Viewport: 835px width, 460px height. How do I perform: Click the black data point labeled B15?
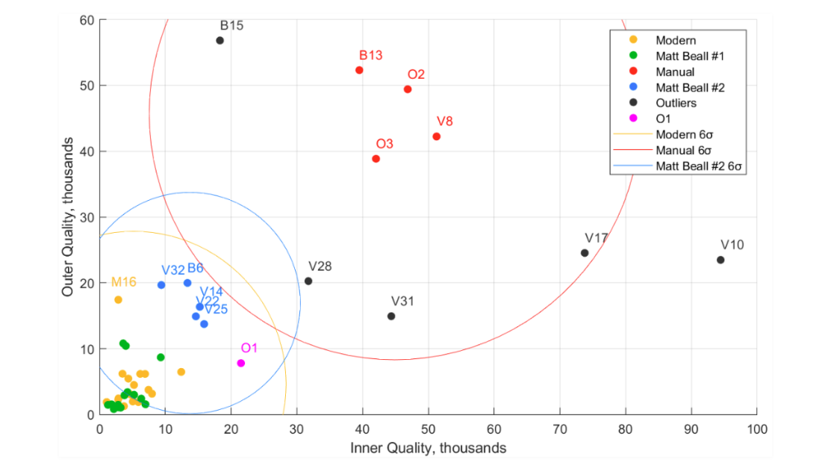coord(220,40)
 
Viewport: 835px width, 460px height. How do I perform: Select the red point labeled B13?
coord(359,70)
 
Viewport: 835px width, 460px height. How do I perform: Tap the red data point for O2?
coord(407,89)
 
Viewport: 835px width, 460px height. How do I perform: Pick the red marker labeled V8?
coord(436,136)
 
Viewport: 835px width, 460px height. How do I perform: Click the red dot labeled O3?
coord(375,158)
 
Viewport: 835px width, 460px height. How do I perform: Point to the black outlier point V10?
coord(720,260)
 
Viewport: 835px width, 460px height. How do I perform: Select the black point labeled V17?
coord(584,253)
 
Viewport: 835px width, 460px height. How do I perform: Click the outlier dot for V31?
coord(391,316)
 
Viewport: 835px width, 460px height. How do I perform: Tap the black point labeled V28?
coord(308,280)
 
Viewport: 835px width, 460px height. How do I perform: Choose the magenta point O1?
coord(241,362)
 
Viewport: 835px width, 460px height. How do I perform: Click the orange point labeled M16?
coord(118,299)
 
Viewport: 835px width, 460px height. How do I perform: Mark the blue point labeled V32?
coord(161,285)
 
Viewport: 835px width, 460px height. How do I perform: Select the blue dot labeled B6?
coord(187,283)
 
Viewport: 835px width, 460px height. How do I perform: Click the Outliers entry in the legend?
coord(675,103)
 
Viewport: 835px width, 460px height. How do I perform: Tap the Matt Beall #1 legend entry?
coord(688,56)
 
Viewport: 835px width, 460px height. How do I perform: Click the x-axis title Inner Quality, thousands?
coord(428,448)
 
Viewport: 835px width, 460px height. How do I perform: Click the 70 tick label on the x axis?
coord(560,429)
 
